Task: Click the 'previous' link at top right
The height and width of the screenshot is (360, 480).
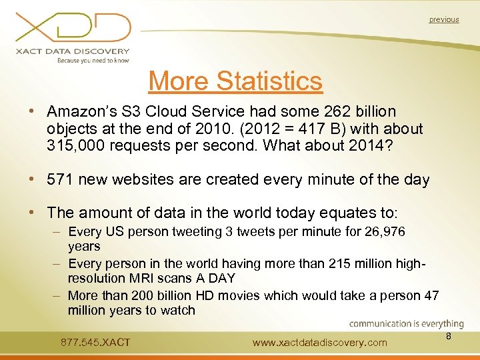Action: [444, 20]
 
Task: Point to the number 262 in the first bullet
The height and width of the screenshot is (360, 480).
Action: [336, 112]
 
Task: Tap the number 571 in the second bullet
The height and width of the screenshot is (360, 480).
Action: [61, 180]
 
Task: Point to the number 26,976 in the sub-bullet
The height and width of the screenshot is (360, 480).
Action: [381, 232]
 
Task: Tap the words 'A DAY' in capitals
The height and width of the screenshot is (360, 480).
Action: [217, 277]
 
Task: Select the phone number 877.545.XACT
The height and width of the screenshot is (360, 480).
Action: [95, 343]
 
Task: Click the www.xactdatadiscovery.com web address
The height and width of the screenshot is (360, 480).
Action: [320, 343]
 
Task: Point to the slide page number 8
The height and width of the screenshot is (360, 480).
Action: [449, 337]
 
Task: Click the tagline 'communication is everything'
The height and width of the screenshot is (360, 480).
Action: [407, 324]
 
